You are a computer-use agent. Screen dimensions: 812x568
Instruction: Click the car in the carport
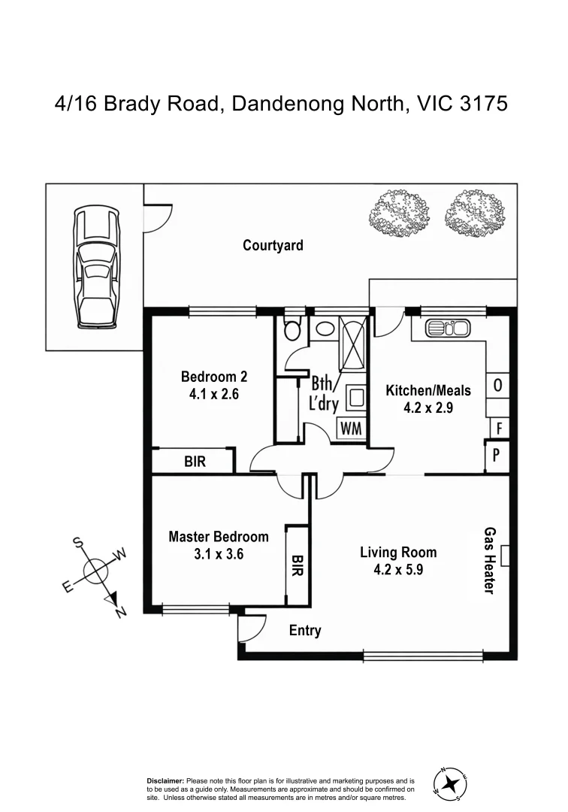pyautogui.click(x=96, y=268)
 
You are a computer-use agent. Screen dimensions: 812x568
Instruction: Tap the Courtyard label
pyautogui.click(x=273, y=245)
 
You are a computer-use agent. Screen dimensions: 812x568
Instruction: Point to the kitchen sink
pyautogui.click(x=448, y=329)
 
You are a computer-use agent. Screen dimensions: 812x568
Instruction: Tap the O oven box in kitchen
pyautogui.click(x=497, y=386)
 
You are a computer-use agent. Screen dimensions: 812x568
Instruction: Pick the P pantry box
pyautogui.click(x=497, y=456)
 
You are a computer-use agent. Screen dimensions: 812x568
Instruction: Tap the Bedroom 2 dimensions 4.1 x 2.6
pyautogui.click(x=214, y=393)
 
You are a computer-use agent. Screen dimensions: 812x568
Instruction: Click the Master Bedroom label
pyautogui.click(x=218, y=537)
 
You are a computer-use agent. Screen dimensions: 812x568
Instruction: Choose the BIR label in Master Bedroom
pyautogui.click(x=298, y=565)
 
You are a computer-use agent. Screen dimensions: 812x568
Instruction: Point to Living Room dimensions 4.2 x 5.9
pyautogui.click(x=398, y=570)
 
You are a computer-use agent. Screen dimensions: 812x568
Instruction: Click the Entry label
pyautogui.click(x=305, y=631)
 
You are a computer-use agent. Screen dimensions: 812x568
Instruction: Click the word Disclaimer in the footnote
pyautogui.click(x=165, y=782)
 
